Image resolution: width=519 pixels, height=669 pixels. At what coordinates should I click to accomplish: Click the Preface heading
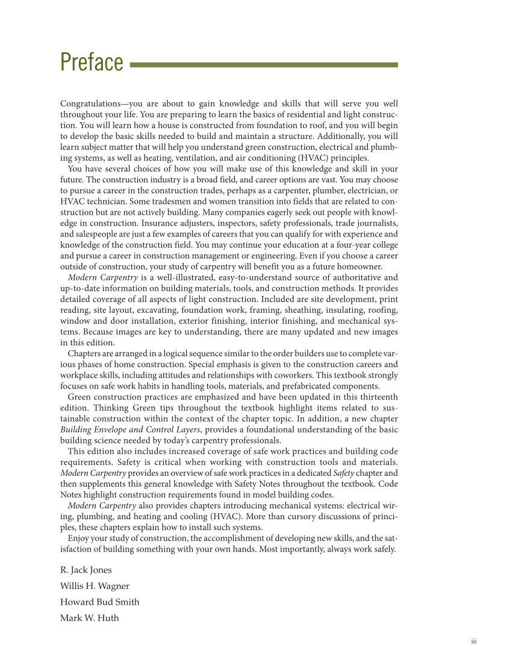click(x=92, y=63)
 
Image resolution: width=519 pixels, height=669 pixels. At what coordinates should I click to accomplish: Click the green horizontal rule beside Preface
click(x=264, y=64)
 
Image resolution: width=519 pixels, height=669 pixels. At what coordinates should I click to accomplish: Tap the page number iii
click(x=473, y=642)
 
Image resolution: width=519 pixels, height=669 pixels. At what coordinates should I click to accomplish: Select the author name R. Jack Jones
click(x=85, y=570)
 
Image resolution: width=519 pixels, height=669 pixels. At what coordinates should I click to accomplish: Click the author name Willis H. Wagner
click(x=95, y=585)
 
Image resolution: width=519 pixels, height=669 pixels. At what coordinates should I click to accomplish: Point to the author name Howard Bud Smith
click(x=99, y=602)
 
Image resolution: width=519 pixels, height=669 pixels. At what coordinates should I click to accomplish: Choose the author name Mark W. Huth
click(x=89, y=617)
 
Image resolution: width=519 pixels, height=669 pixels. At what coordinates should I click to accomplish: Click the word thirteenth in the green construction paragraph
click(x=377, y=397)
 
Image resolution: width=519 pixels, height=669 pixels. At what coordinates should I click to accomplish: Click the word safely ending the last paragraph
click(x=382, y=549)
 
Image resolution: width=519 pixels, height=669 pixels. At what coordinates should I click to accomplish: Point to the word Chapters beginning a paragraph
click(x=85, y=353)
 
